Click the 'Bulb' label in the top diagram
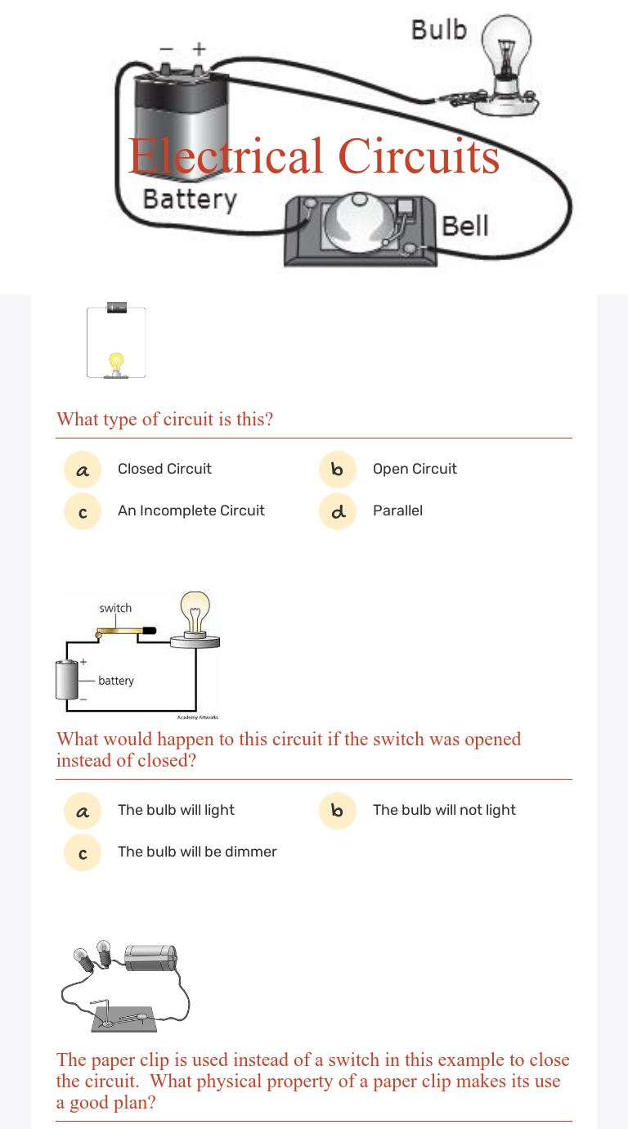[438, 30]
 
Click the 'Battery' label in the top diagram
[189, 200]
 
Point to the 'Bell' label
[464, 225]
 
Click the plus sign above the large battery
[199, 50]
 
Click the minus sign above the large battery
[167, 50]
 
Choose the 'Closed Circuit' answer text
[164, 469]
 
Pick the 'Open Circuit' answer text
[415, 469]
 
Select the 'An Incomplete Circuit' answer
[191, 511]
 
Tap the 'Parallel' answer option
[397, 511]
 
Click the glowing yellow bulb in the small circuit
[116, 362]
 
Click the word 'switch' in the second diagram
[115, 608]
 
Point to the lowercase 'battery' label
[116, 681]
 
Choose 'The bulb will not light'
[444, 810]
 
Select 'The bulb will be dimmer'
[197, 852]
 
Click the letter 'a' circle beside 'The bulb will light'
[83, 811]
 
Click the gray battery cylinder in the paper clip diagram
[150, 957]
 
